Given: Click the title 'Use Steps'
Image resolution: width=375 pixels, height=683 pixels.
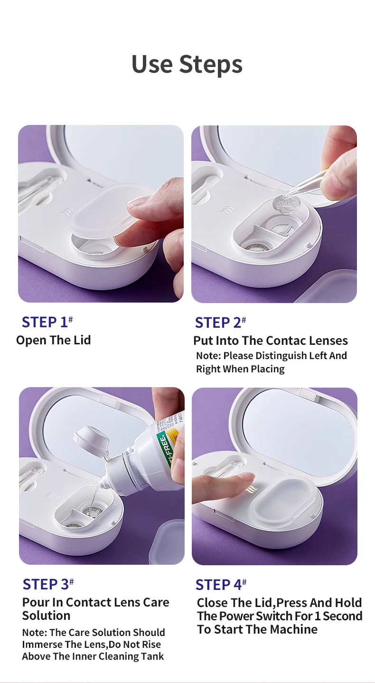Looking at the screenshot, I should click(x=187, y=64).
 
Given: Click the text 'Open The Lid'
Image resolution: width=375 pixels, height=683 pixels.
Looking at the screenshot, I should click(x=53, y=340).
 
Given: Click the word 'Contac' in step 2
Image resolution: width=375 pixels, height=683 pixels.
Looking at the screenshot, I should click(x=284, y=341).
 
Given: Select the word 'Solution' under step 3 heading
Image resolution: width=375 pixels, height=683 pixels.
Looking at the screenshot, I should click(x=46, y=616).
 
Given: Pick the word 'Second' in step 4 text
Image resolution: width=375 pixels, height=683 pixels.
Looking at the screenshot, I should click(x=342, y=616).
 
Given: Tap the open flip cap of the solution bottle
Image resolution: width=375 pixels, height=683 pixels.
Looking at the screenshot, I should click(x=92, y=441).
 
